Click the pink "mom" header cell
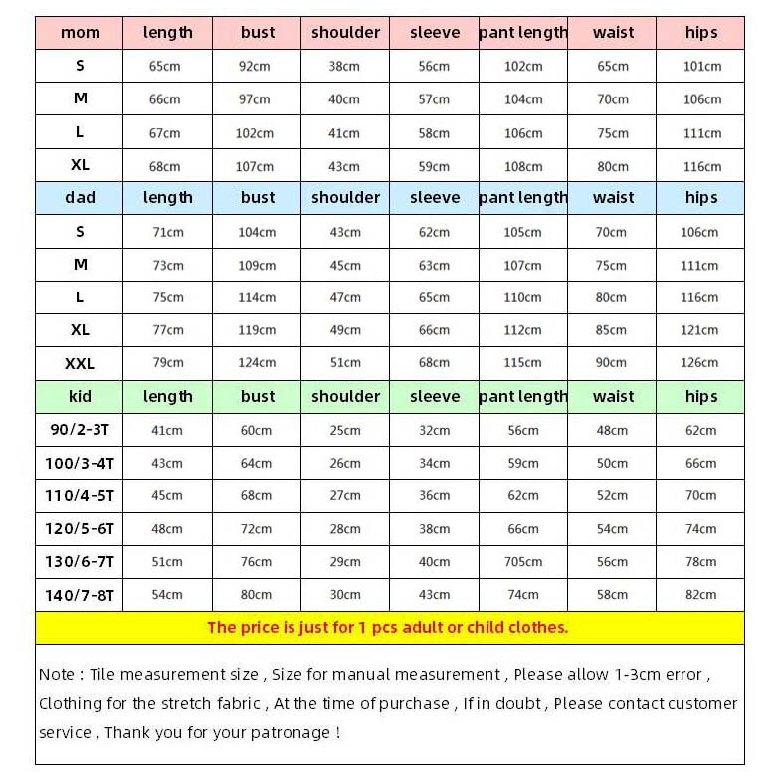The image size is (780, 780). pyautogui.click(x=80, y=33)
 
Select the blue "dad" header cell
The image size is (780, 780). pyautogui.click(x=80, y=198)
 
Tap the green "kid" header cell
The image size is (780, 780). pyautogui.click(x=80, y=396)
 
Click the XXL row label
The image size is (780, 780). pyautogui.click(x=80, y=363)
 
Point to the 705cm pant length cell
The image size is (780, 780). pyautogui.click(x=523, y=562)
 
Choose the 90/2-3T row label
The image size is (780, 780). pyautogui.click(x=80, y=430)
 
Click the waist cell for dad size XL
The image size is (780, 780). pyautogui.click(x=612, y=330)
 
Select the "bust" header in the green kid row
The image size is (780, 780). pyautogui.click(x=258, y=396)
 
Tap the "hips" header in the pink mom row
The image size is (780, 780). pyautogui.click(x=700, y=33)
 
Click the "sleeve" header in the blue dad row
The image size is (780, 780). pyautogui.click(x=435, y=198)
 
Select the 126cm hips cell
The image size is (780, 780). pyautogui.click(x=700, y=363)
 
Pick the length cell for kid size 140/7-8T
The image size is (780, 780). pyautogui.click(x=167, y=595)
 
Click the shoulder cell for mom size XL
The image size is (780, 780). pyautogui.click(x=345, y=166)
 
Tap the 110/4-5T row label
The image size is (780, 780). pyautogui.click(x=80, y=495)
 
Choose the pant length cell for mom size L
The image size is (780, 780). pyautogui.click(x=523, y=133)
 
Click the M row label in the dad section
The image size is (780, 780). pyautogui.click(x=80, y=265)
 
